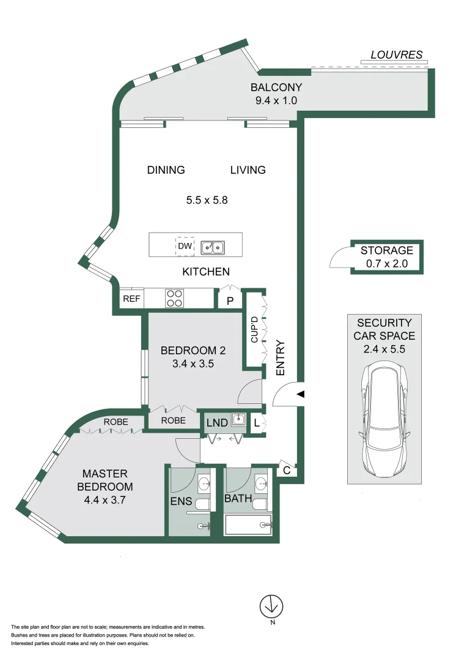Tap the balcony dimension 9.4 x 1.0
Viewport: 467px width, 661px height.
pos(276,100)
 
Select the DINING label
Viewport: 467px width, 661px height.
pos(166,170)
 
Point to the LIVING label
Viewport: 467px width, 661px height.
pos(248,170)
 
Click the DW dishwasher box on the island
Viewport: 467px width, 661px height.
pos(185,246)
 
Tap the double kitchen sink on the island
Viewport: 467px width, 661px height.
pos(213,246)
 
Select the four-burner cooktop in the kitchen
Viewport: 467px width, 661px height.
pos(174,298)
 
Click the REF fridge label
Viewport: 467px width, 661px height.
pos(131,299)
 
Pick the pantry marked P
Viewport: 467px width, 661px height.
pos(230,301)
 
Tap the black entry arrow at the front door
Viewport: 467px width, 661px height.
pos(300,395)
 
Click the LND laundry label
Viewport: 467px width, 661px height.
pos(217,423)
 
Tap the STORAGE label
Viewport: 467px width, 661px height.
pos(386,250)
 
